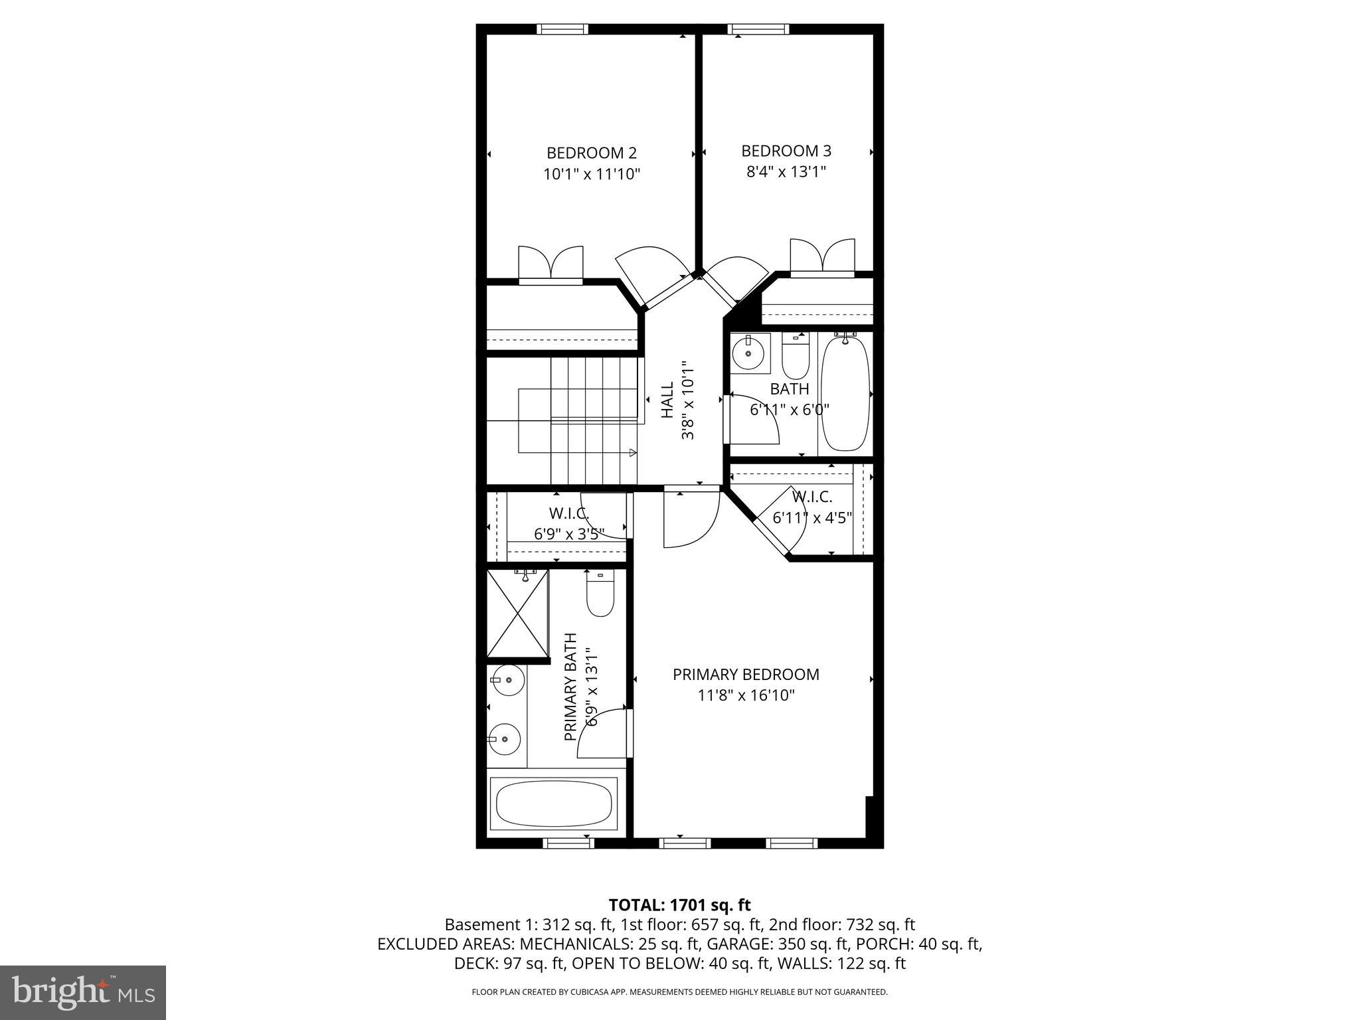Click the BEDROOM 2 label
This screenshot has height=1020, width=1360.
pos(591,153)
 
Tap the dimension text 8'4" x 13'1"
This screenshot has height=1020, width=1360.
pos(786,172)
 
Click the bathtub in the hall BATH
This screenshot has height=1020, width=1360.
pos(845,394)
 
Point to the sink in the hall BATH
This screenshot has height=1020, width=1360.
pos(749,352)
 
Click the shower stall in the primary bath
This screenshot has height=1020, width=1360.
pos(518,614)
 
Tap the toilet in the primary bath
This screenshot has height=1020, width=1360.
pos(600,595)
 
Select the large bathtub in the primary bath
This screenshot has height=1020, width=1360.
pos(554,804)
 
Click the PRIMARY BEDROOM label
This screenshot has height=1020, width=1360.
pos(746,675)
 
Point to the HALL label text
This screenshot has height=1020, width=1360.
pos(667,399)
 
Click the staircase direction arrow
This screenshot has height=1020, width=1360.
pos(632,453)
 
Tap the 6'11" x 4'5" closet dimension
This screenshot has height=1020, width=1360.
pos(811,517)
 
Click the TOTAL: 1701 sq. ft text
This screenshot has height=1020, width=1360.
pos(679,904)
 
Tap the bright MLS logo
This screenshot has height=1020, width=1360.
pos(82,992)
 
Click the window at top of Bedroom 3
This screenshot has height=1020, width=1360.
pos(758,29)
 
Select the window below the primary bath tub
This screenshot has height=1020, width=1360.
pos(568,843)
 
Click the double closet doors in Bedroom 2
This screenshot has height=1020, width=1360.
pos(551,265)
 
